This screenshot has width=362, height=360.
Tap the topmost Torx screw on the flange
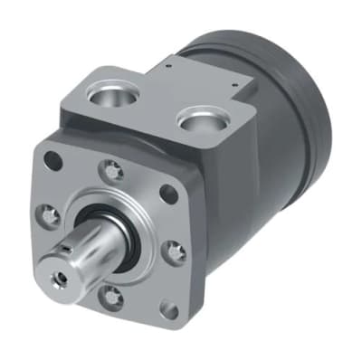pyautogui.click(x=111, y=168)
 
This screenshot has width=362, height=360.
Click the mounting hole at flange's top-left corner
pyautogui.click(x=53, y=163)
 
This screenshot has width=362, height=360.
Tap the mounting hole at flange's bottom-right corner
pyautogui.click(x=168, y=309)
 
